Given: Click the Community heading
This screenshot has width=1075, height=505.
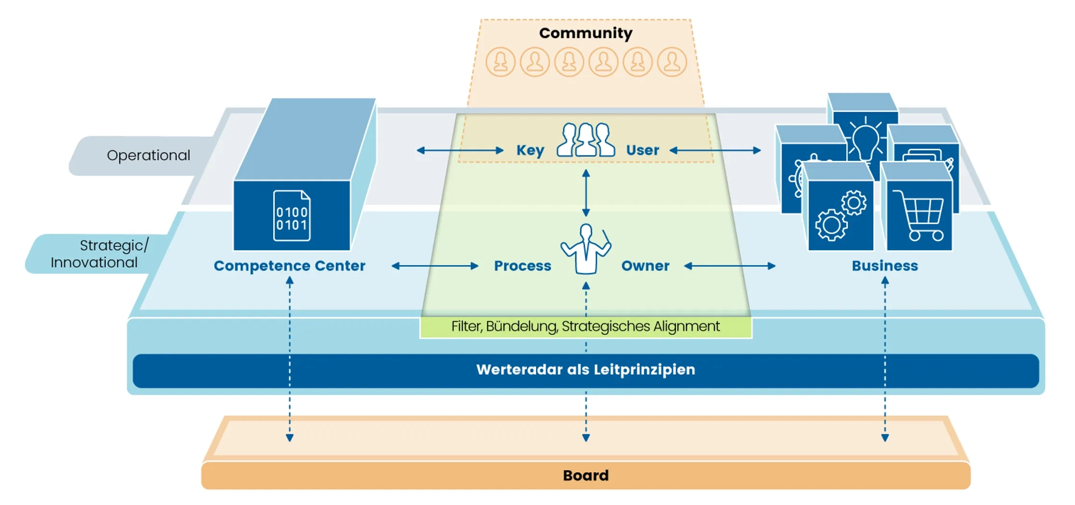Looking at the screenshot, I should point(586,33).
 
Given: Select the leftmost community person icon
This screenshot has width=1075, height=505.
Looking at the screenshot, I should point(501,62).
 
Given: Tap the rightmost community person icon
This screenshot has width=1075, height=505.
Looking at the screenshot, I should point(672,62).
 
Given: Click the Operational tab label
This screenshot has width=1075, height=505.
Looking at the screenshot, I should point(148,156).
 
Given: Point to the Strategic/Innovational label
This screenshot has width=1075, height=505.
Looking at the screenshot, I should point(98,254).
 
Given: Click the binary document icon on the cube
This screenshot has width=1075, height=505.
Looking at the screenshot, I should point(292,216).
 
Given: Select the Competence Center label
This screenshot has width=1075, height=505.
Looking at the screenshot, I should point(289,266).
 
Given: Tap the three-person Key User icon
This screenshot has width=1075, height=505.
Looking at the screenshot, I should point(586,140).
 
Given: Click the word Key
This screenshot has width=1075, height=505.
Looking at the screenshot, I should point(530,150).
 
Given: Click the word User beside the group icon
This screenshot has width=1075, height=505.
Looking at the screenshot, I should point(642,150).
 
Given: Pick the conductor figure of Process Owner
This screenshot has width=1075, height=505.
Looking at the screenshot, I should point(586,249).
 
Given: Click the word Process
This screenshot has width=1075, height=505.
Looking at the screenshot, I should point(523,266).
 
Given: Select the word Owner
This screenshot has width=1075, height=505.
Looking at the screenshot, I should point(645,266).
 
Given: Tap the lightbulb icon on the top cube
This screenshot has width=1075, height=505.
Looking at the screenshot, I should point(865,139).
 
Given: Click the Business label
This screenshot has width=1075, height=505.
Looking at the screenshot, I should point(884,266).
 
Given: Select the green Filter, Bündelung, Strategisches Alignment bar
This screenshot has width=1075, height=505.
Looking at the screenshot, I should point(586,327).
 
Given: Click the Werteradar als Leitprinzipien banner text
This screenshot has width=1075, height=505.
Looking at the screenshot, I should point(586,370).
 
